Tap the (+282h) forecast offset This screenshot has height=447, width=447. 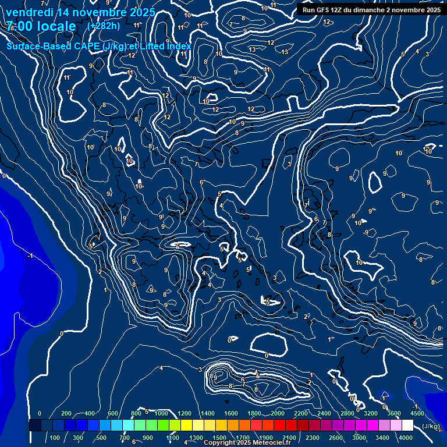[x=104, y=26]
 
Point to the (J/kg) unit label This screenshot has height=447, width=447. [x=430, y=427]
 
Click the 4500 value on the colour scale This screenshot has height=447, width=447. [x=416, y=413]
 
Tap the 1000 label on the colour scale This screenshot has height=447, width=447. [x=161, y=413]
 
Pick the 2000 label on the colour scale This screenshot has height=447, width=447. [x=277, y=413]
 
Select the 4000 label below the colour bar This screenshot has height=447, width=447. [x=406, y=438]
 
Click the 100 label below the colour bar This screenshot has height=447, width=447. [x=55, y=438]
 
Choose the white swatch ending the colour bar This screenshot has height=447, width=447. [x=407, y=426]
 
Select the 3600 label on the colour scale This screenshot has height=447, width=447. [x=393, y=413]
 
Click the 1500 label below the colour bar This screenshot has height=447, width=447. [x=219, y=438]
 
